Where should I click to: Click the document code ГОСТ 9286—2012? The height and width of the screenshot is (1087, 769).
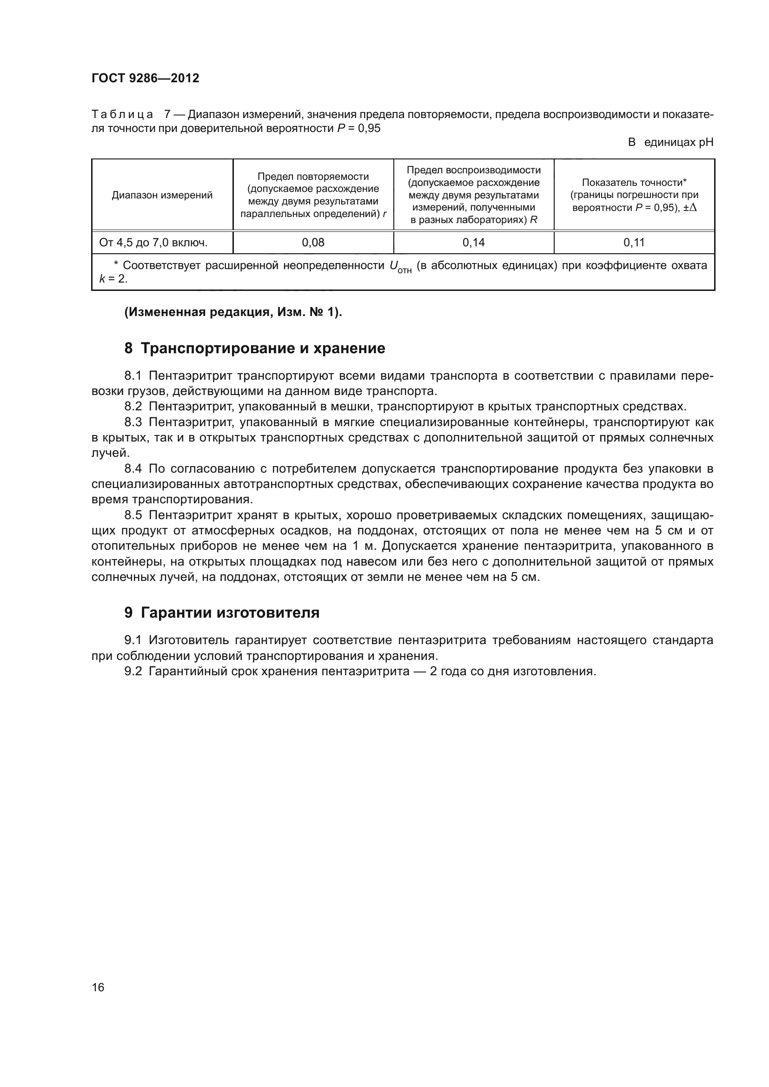click(x=146, y=78)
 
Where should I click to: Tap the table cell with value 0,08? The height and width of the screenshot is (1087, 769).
click(x=313, y=243)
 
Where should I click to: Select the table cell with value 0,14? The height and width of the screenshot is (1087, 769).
click(x=473, y=243)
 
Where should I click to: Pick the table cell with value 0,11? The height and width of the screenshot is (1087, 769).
click(x=634, y=243)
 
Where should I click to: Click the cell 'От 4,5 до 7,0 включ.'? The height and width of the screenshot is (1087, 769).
click(x=153, y=243)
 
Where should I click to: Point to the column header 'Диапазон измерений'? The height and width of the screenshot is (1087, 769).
click(x=162, y=195)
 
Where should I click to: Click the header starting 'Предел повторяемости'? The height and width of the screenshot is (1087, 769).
click(x=313, y=195)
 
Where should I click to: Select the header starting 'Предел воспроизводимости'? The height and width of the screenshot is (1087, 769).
click(x=473, y=195)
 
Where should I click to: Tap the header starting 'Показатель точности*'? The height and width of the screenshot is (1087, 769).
click(x=634, y=195)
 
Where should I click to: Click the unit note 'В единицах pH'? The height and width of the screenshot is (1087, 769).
click(x=670, y=142)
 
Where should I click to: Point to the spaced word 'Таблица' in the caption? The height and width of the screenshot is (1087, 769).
click(x=122, y=115)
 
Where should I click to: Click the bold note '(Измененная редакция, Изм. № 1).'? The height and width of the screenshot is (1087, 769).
click(x=233, y=312)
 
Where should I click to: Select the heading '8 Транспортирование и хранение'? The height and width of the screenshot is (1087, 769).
click(x=255, y=349)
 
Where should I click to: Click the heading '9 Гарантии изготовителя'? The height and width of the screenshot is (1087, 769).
click(x=222, y=613)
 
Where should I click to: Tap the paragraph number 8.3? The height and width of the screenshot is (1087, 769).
click(x=133, y=422)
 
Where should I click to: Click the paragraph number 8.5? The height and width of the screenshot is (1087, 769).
click(x=133, y=515)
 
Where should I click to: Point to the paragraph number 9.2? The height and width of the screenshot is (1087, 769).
click(x=133, y=672)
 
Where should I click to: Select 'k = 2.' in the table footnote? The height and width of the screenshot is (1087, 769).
click(x=113, y=279)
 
